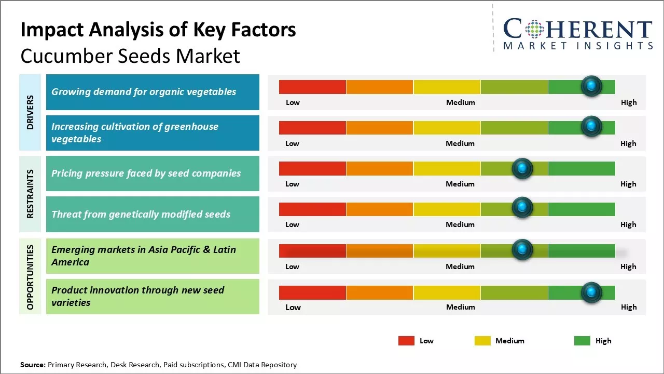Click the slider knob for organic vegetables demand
click(591, 86)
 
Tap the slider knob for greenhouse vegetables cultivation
click(591, 127)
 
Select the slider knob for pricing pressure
click(522, 168)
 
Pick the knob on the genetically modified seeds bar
click(522, 208)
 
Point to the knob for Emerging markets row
click(522, 250)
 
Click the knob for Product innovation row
click(591, 292)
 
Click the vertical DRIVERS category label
click(30, 112)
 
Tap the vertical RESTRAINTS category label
click(30, 193)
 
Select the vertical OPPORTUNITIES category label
click(30, 277)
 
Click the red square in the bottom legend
click(406, 341)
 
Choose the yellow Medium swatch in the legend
click(482, 341)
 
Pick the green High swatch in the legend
click(582, 341)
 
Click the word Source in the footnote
click(33, 365)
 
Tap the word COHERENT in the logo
click(578, 29)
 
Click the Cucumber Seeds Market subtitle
click(130, 56)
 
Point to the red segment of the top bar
click(312, 87)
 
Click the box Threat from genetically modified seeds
click(153, 214)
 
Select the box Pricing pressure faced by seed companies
click(153, 173)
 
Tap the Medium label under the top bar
click(461, 102)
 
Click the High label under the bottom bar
click(629, 307)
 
